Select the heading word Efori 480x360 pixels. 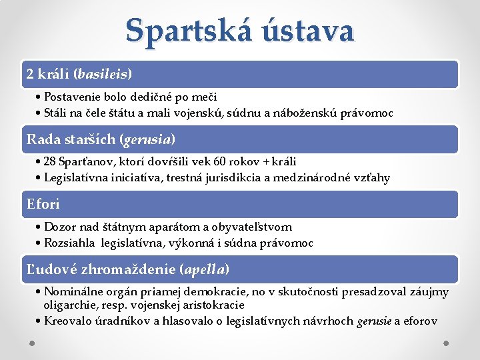click(43, 203)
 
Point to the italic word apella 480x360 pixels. click(205, 269)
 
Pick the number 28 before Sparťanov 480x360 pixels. click(51, 161)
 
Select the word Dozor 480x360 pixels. click(61, 227)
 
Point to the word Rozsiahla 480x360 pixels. click(71, 243)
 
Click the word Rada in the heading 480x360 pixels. click(41, 139)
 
